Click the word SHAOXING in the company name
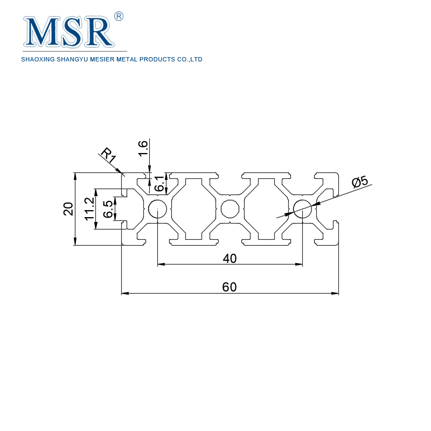37,60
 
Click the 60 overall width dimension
230,287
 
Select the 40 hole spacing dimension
230,259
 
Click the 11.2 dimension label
89,208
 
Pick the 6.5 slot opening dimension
108,209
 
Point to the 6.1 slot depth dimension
160,184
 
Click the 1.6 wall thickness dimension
143,148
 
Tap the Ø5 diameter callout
359,182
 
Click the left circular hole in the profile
157,208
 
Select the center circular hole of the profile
230,208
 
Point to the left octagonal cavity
193,208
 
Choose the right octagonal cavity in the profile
267,208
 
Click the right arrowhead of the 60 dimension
335,294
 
